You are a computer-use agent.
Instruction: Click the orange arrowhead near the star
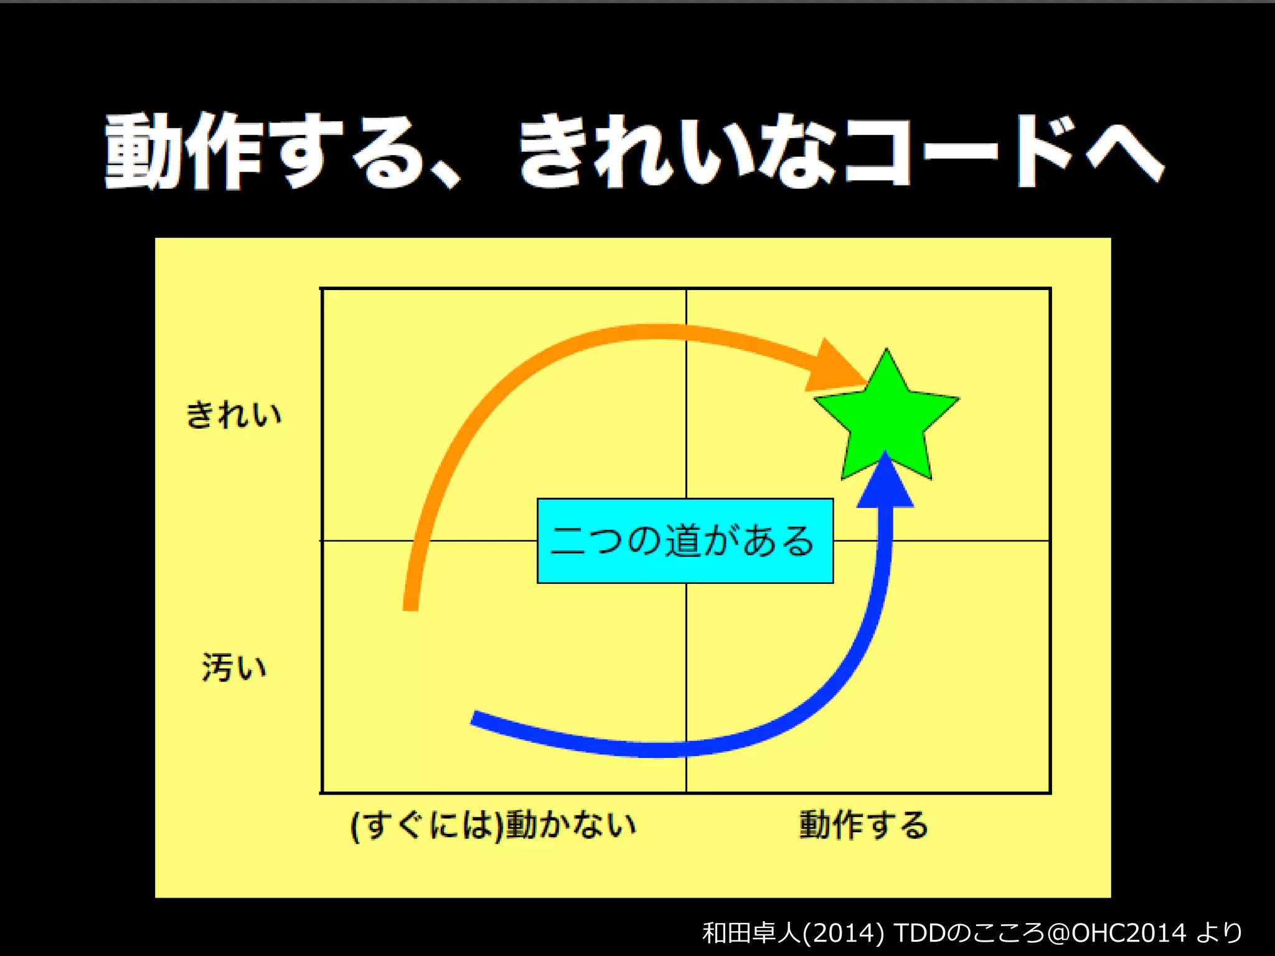tap(831, 367)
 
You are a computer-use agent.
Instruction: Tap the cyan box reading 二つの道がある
tap(685, 540)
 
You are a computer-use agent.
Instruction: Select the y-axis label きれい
tap(234, 415)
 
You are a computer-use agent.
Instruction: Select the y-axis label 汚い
tap(234, 667)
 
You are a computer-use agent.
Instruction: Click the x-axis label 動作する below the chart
tap(863, 825)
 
